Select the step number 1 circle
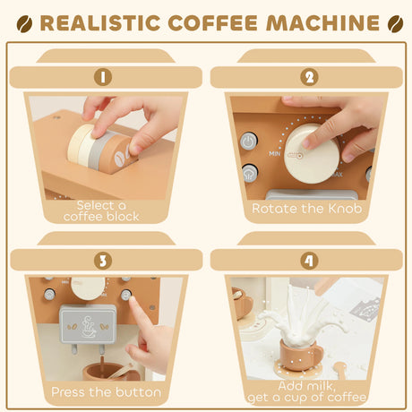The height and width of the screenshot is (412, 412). point(104,76)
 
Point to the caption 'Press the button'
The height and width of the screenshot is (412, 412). point(106,391)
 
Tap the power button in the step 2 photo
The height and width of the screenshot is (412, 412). point(248,141)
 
